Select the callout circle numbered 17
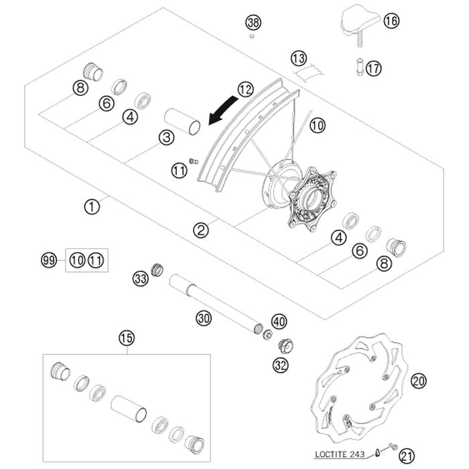[x=373, y=68]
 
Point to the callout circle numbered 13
[x=298, y=56]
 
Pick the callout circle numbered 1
[x=92, y=206]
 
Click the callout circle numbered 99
[x=48, y=259]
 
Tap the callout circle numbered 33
[x=139, y=277]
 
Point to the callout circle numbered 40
[x=279, y=322]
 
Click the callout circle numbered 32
[x=279, y=364]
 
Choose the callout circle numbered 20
[x=419, y=381]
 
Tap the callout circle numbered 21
[x=407, y=456]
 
